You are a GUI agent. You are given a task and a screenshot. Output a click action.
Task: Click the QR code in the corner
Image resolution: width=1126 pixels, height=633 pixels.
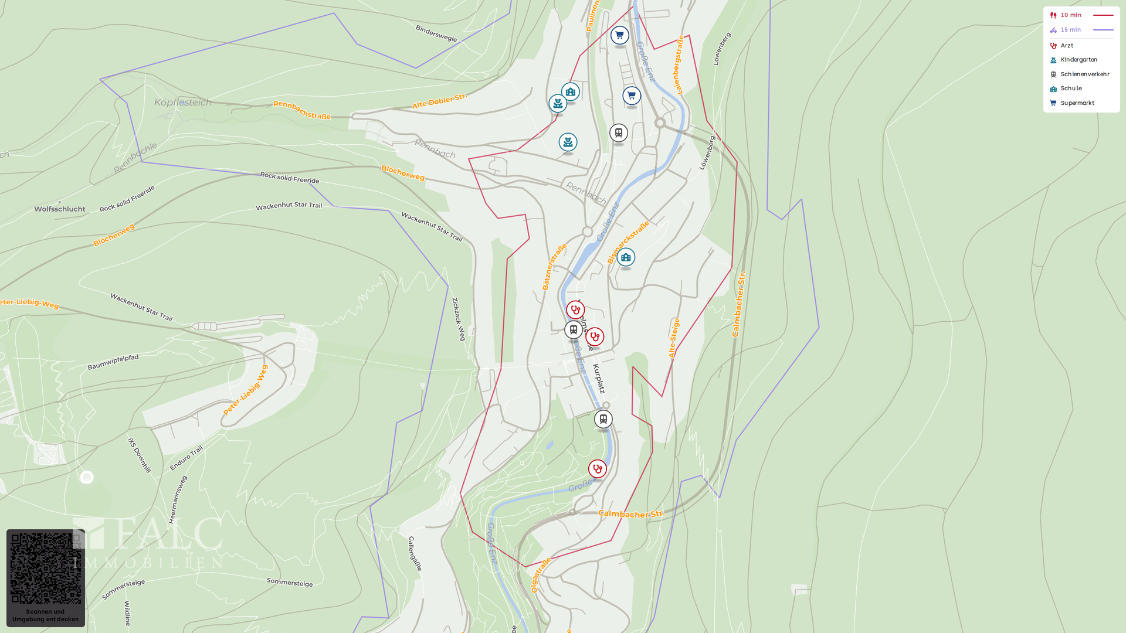coord(46,568)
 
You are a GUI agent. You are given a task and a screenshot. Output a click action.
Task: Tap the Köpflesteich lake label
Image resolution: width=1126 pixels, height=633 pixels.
coord(182,103)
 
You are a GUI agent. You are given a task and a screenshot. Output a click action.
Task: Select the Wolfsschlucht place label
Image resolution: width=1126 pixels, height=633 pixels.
coord(60,209)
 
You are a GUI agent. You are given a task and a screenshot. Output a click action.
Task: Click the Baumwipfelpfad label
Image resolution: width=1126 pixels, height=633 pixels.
coord(113,362)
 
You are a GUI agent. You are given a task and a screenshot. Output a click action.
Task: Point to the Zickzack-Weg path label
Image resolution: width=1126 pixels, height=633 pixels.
coord(458,319)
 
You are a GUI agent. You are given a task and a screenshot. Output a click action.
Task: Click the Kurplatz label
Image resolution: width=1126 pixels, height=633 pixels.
coord(598,379)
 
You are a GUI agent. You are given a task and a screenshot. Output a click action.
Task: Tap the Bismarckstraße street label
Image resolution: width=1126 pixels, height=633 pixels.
coord(628,242)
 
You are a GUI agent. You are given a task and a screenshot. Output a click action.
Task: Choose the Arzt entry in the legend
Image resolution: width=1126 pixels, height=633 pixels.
coord(1067,46)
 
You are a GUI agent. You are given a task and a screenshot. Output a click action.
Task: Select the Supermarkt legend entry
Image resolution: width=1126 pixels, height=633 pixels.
coord(1077,103)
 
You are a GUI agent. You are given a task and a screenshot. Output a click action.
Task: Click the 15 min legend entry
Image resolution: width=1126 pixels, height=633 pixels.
coord(1070,30)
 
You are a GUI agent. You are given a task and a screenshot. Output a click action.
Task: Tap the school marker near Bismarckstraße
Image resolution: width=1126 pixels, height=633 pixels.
coord(626,257)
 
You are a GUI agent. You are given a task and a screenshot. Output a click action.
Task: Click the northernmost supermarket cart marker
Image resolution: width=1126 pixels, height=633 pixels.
coord(619,36)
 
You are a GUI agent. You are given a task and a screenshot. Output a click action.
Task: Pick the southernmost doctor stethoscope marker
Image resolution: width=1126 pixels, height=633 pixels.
coord(597,469)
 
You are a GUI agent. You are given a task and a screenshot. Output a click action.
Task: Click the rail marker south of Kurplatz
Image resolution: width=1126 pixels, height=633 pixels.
coord(603,419)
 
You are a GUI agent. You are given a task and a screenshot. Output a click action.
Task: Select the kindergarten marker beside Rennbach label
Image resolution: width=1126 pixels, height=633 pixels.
coord(568,142)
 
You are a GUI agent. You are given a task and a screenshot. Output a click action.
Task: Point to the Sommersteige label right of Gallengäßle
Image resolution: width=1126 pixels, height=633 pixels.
coord(290,583)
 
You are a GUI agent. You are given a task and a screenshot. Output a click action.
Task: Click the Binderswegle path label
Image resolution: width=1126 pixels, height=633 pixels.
coord(436,33)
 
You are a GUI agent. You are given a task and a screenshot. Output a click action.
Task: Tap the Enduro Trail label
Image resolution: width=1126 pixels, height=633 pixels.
coord(186,458)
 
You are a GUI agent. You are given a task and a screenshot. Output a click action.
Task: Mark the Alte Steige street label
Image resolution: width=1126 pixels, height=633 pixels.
coord(673,338)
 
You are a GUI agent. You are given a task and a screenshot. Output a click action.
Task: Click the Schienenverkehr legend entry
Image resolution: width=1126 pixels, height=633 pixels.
coord(1084,74)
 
